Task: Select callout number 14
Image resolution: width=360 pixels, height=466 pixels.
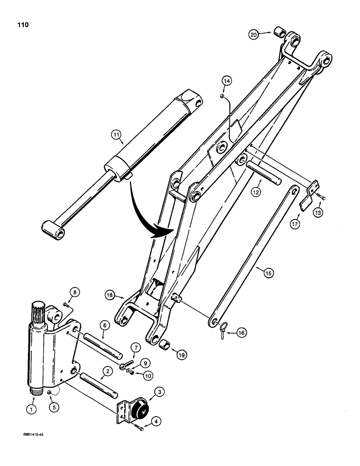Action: coord(226,82)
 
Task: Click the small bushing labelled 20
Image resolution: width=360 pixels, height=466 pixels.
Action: coord(280,34)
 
